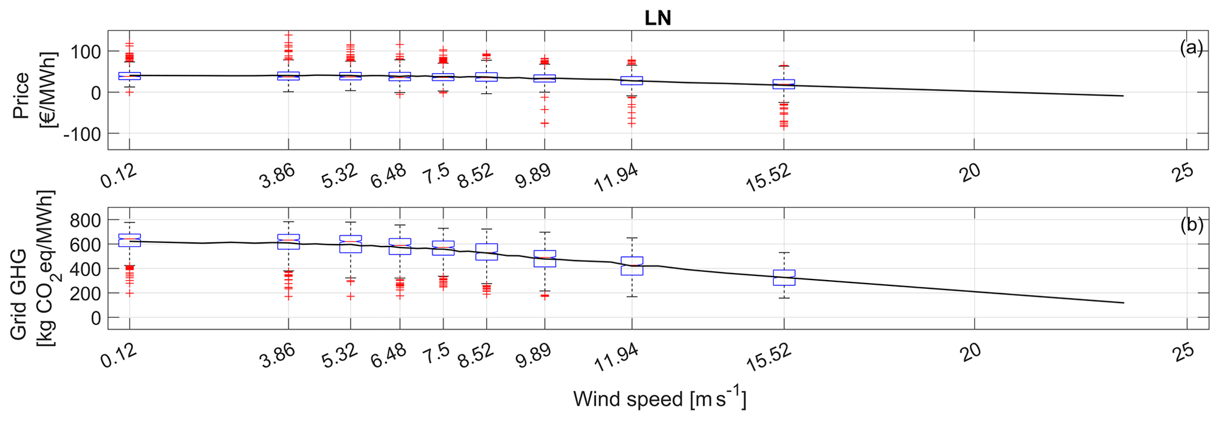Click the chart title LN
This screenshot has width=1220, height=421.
(658, 18)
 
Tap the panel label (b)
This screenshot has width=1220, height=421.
(1191, 225)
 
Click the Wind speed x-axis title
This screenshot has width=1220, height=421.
(659, 400)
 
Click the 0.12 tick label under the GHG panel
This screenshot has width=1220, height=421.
(119, 356)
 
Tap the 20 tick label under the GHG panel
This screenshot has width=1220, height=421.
(970, 351)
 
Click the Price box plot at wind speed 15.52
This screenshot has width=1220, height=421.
(784, 84)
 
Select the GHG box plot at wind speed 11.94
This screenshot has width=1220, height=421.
(632, 266)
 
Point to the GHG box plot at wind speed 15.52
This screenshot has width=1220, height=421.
(784, 278)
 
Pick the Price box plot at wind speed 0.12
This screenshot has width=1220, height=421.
(129, 75)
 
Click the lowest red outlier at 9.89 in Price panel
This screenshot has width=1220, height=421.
(544, 123)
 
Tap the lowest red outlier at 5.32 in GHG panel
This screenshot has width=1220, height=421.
(351, 297)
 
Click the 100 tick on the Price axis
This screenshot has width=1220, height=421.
(87, 52)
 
